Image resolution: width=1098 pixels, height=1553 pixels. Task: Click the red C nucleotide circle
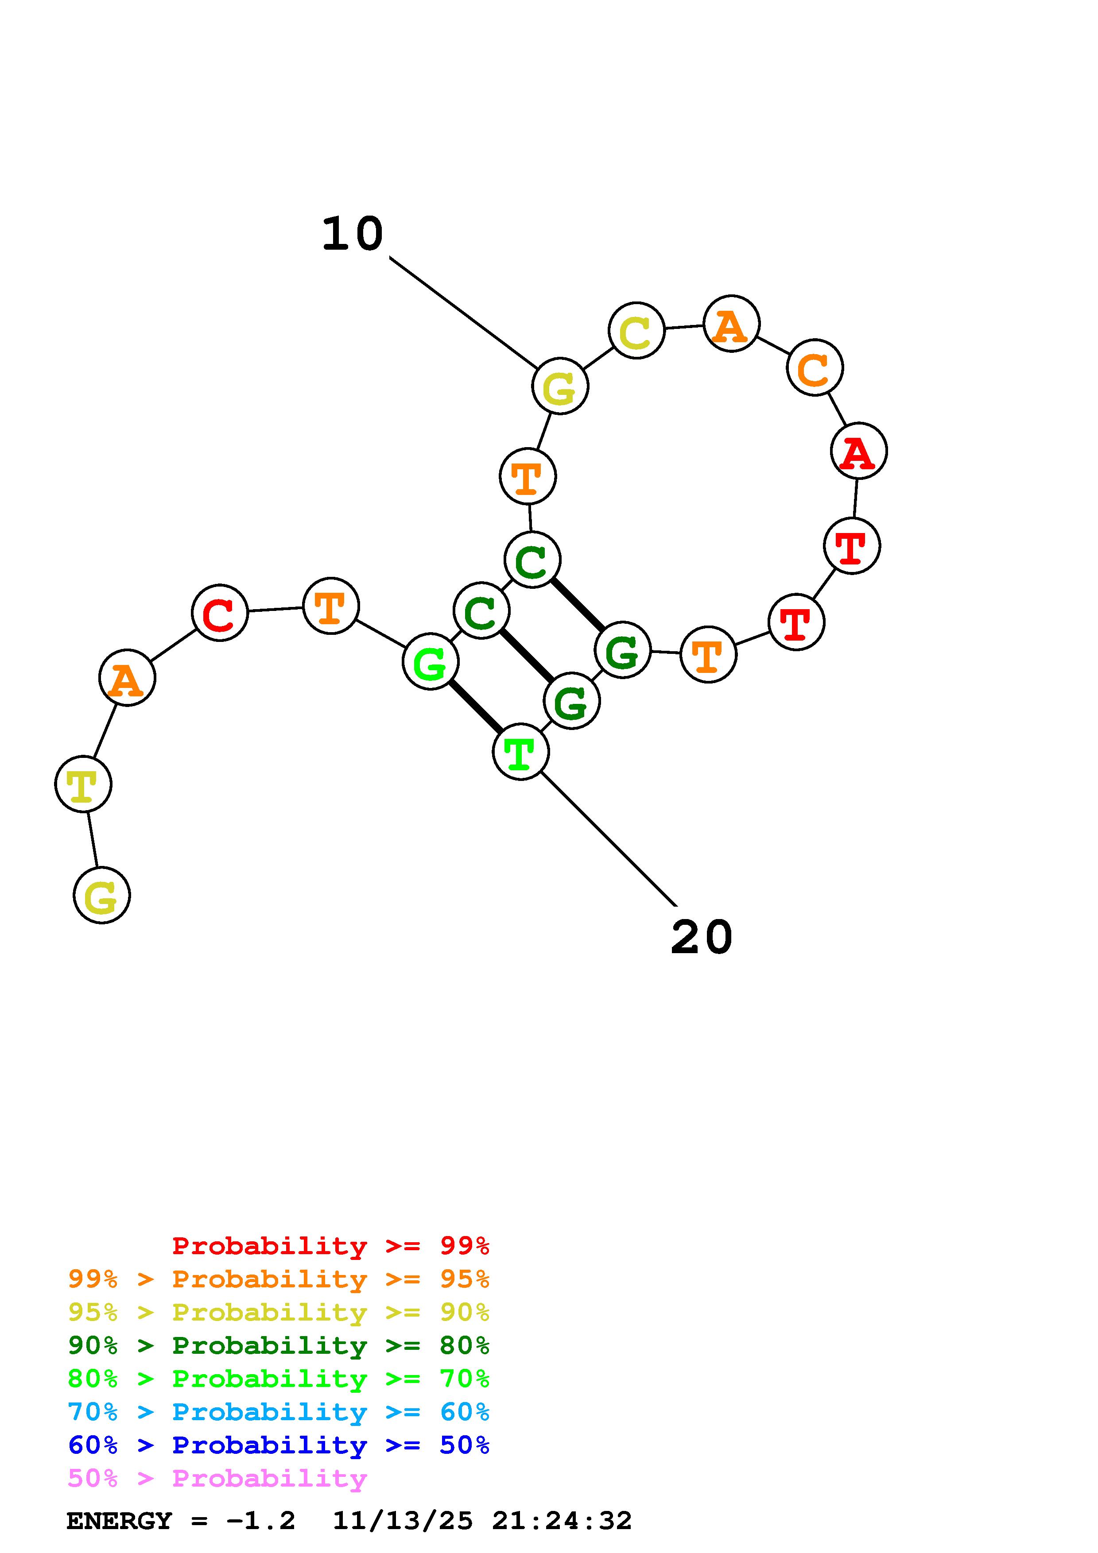pyautogui.click(x=220, y=613)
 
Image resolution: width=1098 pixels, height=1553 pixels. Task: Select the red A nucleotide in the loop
pyautogui.click(x=858, y=451)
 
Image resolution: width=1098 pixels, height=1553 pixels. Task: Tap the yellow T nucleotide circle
pyautogui.click(x=83, y=784)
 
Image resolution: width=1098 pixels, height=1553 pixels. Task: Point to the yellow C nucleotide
pyautogui.click(x=636, y=331)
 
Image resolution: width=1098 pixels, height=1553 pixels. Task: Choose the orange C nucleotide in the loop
pyautogui.click(x=815, y=368)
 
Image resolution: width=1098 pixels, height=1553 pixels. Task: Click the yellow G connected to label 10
pyautogui.click(x=560, y=386)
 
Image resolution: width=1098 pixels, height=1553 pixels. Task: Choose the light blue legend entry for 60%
pyautogui.click(x=278, y=1412)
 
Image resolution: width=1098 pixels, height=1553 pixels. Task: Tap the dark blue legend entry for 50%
pyautogui.click(x=278, y=1445)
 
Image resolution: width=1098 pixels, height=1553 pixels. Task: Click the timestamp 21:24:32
pyautogui.click(x=562, y=1521)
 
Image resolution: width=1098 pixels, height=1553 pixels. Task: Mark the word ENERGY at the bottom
pyautogui.click(x=119, y=1521)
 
